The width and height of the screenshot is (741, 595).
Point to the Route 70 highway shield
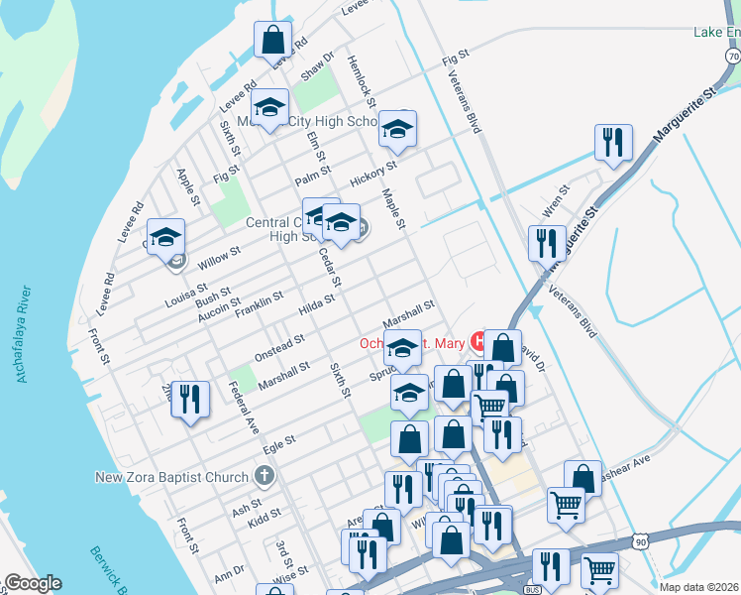[732, 60]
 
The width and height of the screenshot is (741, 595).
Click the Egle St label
[280, 441]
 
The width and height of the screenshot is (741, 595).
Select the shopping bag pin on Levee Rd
[272, 42]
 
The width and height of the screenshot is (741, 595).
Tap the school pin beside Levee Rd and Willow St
[165, 238]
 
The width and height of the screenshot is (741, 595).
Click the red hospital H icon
[479, 342]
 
